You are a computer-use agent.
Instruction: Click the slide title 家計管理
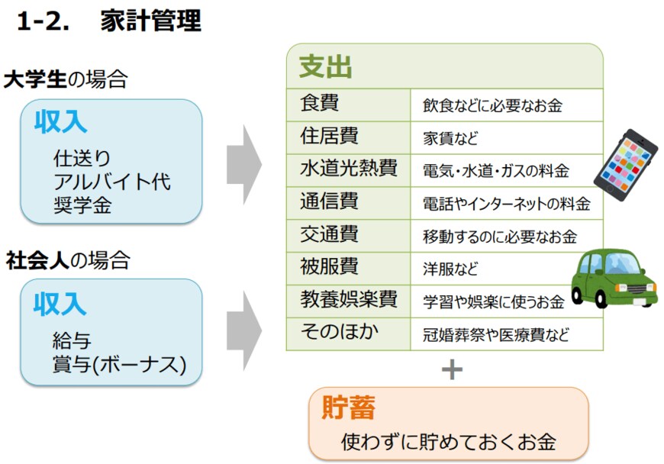click(x=150, y=21)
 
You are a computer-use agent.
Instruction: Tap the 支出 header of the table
click(x=325, y=67)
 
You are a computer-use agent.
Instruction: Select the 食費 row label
click(x=320, y=103)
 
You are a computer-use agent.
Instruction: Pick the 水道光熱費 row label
click(x=348, y=169)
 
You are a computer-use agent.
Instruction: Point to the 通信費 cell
click(x=329, y=201)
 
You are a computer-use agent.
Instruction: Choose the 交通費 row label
click(x=329, y=234)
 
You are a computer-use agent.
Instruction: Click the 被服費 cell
click(x=329, y=267)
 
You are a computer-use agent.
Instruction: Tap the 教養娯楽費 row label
click(x=348, y=300)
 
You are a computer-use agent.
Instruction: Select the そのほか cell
click(x=339, y=333)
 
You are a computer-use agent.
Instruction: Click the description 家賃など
click(x=450, y=138)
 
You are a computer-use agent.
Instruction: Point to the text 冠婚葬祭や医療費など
click(x=496, y=334)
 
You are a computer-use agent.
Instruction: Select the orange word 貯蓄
click(x=348, y=408)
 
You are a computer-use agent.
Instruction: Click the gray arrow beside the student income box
click(x=243, y=163)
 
